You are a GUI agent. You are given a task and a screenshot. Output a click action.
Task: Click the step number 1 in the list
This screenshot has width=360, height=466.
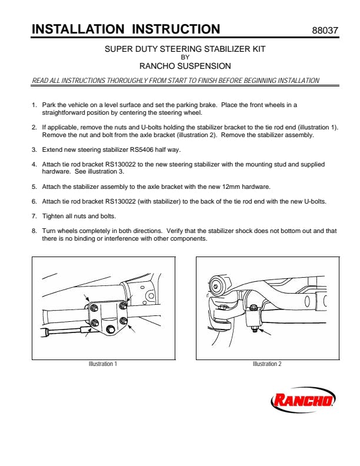coord(34,105)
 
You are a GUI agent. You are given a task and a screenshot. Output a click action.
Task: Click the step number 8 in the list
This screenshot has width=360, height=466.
coord(34,231)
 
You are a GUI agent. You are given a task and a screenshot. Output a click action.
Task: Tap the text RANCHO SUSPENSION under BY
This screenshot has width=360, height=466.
coord(185,66)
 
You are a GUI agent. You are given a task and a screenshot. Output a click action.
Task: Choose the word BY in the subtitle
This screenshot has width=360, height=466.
coord(185,57)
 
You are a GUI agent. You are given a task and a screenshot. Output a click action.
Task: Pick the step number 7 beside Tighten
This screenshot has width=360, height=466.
coord(34,216)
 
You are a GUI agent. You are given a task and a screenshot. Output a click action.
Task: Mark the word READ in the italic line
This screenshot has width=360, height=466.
coord(40,81)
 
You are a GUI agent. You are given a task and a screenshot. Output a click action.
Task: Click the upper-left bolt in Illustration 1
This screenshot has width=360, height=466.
coord(95,308)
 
